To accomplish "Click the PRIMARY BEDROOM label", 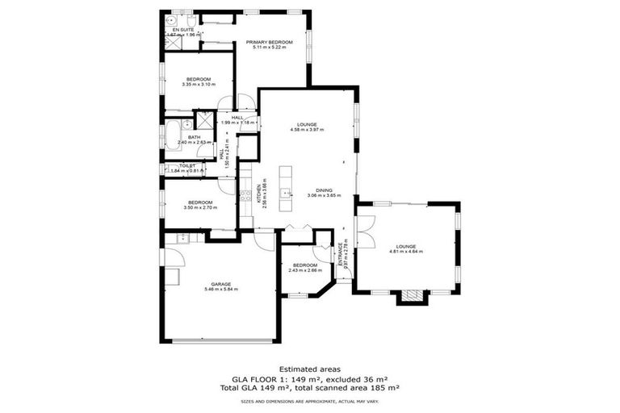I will (270, 42).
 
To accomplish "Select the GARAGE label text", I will (221, 284).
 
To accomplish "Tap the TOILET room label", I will (188, 165).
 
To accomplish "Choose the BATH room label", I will (194, 137).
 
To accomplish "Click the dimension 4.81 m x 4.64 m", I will (406, 251).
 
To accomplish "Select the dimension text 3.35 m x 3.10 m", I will (199, 84).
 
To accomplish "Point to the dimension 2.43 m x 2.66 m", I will (305, 270).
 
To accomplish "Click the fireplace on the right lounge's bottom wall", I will (410, 295).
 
